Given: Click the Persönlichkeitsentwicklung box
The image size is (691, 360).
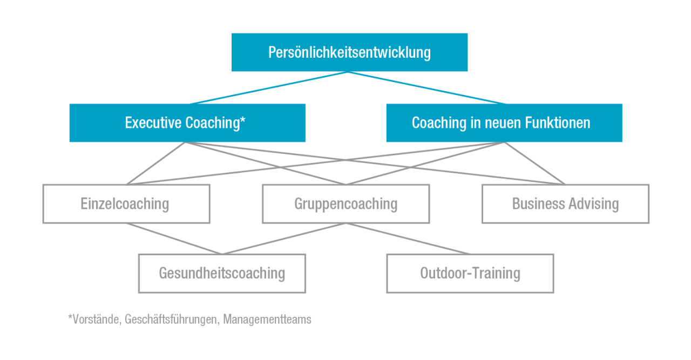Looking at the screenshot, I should click(x=350, y=52).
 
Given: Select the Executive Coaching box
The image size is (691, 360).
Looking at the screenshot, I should click(x=187, y=123).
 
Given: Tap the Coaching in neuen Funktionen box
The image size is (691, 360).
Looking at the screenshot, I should click(x=504, y=123).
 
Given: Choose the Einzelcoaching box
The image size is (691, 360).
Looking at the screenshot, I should click(x=126, y=204).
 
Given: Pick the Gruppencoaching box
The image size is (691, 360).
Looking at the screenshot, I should click(x=345, y=204).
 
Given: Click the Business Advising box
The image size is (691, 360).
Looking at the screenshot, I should click(x=565, y=204).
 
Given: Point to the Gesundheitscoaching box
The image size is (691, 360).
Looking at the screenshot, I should click(x=222, y=273).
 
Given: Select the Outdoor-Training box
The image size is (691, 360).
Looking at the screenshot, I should click(x=470, y=273).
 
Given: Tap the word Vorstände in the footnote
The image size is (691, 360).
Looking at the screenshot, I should click(x=94, y=320).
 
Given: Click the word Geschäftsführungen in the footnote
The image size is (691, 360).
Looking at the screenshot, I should click(x=171, y=320).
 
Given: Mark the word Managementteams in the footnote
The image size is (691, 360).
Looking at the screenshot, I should click(x=267, y=320).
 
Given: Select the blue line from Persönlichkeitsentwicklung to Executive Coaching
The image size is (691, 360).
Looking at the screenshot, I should click(x=268, y=88).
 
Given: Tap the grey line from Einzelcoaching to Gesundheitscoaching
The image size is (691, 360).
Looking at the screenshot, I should click(x=174, y=239).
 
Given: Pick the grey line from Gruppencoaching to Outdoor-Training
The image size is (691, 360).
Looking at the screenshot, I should click(x=408, y=239).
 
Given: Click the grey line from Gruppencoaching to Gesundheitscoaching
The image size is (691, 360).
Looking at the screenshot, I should click(x=283, y=239).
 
